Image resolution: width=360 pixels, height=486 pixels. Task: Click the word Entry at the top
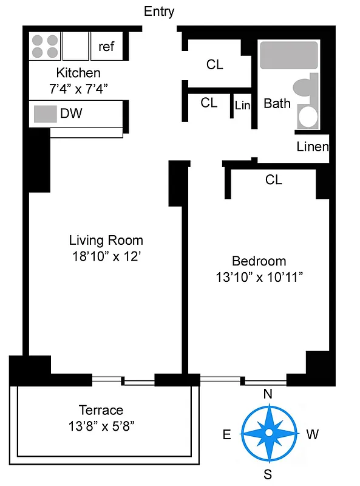click(159, 12)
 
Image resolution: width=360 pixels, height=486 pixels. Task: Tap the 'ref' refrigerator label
click(106, 47)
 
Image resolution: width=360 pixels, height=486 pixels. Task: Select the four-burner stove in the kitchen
click(44, 47)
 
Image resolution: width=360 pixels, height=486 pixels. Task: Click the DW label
click(71, 113)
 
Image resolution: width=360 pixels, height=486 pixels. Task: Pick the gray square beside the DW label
click(42, 114)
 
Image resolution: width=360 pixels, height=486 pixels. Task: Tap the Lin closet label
click(242, 106)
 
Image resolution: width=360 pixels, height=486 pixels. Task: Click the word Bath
click(277, 104)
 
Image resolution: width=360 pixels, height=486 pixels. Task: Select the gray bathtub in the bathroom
click(289, 55)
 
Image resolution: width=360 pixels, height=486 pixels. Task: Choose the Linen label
click(313, 146)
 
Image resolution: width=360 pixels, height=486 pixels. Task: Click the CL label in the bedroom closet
click(274, 180)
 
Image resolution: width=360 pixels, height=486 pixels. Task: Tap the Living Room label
click(106, 240)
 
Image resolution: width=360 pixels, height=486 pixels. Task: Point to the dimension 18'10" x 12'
click(106, 256)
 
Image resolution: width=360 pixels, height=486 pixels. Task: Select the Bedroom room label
click(259, 261)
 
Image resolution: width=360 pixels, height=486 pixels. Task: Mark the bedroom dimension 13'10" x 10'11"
click(259, 278)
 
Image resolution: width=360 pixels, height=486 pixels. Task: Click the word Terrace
click(101, 410)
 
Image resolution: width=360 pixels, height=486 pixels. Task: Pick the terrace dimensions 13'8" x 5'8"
click(101, 426)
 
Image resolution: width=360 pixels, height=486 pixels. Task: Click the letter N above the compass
click(267, 394)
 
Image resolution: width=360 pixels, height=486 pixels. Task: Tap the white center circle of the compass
click(268, 433)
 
